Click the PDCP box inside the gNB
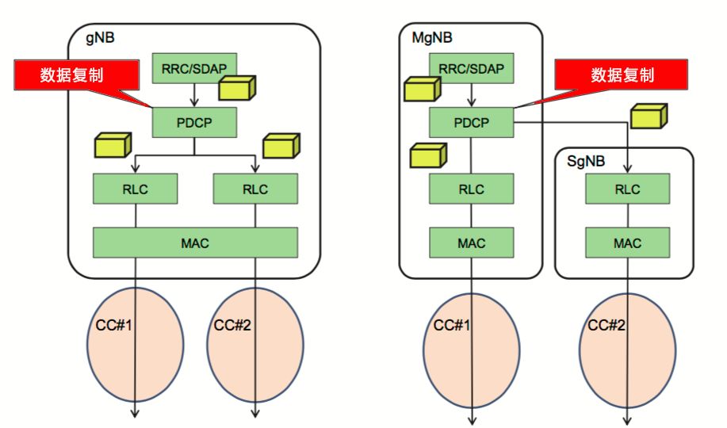(x=194, y=122)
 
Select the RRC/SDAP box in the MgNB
(x=472, y=68)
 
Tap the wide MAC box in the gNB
(x=195, y=243)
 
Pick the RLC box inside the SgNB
(x=627, y=189)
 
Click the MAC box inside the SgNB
(x=627, y=243)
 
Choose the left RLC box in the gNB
(x=135, y=189)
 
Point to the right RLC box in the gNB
(x=255, y=189)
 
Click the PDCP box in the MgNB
(x=472, y=122)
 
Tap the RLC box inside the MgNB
(x=472, y=189)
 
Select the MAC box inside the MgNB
(x=472, y=243)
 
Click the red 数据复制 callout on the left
(x=76, y=75)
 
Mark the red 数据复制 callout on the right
(x=622, y=75)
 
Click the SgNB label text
(x=586, y=161)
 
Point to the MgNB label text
(x=432, y=37)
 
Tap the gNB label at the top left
(x=100, y=37)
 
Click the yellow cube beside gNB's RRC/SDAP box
(x=237, y=88)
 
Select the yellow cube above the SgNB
(x=649, y=116)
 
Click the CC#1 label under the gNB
(x=113, y=325)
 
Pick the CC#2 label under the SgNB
(x=606, y=325)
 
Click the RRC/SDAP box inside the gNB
(x=195, y=68)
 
